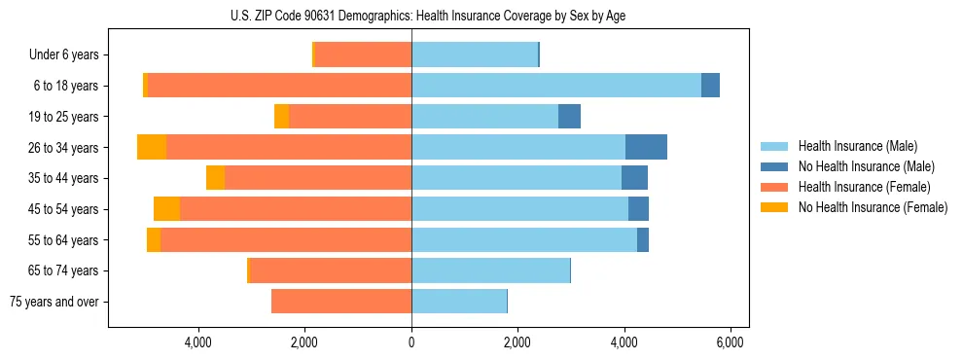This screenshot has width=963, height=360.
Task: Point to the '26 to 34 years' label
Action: [63, 148]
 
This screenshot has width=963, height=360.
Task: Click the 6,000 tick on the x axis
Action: [730, 342]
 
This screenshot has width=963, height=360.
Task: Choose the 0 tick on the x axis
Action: [411, 342]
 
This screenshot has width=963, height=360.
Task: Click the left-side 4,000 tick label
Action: [198, 342]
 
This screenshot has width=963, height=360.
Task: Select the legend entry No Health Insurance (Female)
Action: [873, 207]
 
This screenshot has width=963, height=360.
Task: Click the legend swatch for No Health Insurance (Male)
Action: [775, 166]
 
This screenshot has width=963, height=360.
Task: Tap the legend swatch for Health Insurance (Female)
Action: [775, 187]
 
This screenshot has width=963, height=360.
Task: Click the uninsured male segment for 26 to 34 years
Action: [646, 147]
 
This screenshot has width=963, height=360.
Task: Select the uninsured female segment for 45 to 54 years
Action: [166, 208]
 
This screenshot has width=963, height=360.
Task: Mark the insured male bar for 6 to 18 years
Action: [555, 86]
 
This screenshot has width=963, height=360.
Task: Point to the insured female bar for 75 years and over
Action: [341, 302]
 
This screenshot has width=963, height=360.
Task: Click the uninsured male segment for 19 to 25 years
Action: [569, 117]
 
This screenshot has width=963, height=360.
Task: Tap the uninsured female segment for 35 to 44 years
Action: [215, 178]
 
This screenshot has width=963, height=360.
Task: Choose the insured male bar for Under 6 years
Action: [475, 54]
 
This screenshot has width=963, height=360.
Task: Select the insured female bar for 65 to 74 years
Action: [331, 270]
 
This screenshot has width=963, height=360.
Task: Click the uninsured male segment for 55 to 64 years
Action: [642, 239]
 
